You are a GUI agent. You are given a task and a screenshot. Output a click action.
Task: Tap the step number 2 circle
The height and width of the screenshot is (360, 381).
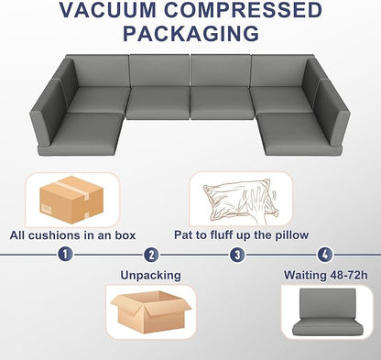tap(151, 256)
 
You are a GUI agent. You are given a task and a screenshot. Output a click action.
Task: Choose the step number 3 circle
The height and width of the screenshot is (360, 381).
tap(237, 256)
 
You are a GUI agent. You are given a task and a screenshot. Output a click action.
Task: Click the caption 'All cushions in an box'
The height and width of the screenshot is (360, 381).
tap(72, 235)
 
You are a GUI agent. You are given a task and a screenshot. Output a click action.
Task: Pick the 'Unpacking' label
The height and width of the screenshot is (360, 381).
tap(151, 274)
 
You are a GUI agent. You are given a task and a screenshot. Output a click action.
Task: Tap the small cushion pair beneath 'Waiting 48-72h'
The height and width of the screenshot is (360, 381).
tap(323, 316)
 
